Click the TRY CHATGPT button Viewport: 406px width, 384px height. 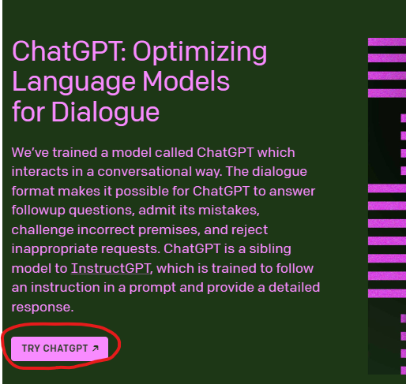click(x=59, y=349)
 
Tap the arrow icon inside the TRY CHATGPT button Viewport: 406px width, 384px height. click(x=96, y=349)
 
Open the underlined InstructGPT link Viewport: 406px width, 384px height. click(x=111, y=268)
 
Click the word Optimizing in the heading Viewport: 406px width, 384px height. click(x=200, y=52)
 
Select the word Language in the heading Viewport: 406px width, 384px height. click(x=73, y=83)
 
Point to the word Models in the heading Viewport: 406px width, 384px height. click(x=186, y=81)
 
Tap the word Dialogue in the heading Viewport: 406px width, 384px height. click(x=105, y=113)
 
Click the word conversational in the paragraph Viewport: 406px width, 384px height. click(x=145, y=172)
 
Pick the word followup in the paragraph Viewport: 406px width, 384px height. click(x=39, y=211)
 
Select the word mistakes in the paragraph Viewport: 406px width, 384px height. click(x=229, y=211)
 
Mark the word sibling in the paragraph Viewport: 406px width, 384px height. click(x=270, y=248)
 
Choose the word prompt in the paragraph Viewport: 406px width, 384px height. click(x=152, y=288)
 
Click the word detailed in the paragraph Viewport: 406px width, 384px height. click(x=294, y=287)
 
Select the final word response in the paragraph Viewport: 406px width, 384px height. click(x=43, y=308)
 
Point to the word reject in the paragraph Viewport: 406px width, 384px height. click(x=250, y=230)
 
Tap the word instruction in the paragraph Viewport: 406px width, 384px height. click(x=66, y=288)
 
